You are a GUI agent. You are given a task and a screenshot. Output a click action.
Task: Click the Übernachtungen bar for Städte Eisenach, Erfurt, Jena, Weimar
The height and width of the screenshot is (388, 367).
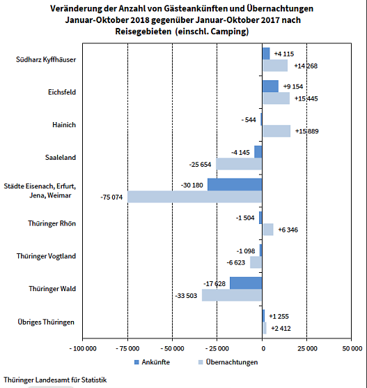click(194, 197)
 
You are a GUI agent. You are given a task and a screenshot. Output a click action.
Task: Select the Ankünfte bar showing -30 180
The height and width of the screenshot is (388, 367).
click(235, 185)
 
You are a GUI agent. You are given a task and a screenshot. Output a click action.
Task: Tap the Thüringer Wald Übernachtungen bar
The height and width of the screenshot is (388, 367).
click(232, 295)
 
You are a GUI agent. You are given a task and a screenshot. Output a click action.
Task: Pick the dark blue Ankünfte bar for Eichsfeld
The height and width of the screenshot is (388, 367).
click(270, 87)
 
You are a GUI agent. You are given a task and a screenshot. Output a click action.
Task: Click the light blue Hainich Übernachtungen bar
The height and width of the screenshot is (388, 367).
click(276, 131)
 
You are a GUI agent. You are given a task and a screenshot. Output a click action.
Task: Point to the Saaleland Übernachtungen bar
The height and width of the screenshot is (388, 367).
click(239, 164)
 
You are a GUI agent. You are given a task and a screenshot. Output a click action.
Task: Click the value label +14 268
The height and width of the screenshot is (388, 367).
click(306, 66)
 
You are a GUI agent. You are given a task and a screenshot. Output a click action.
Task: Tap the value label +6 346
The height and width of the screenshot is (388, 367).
click(288, 230)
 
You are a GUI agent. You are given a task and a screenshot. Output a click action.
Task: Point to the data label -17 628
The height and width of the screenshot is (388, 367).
click(214, 283)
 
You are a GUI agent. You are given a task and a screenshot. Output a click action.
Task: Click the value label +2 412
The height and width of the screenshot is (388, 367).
click(281, 328)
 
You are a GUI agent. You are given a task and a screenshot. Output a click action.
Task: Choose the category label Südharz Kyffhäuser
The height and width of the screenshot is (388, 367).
click(46, 59)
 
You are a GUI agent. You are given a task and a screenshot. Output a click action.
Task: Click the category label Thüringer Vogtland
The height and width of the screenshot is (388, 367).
click(46, 256)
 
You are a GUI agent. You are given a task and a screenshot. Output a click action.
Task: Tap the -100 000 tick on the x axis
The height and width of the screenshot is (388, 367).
click(84, 348)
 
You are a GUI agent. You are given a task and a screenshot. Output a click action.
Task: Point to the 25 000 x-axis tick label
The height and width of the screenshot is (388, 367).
click(307, 348)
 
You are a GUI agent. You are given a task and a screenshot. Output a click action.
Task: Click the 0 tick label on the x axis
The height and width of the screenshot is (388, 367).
click(263, 348)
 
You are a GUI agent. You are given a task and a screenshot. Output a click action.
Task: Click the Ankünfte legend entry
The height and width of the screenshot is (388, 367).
click(152, 361)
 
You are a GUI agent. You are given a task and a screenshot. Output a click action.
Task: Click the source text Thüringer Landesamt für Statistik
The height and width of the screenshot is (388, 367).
click(55, 380)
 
